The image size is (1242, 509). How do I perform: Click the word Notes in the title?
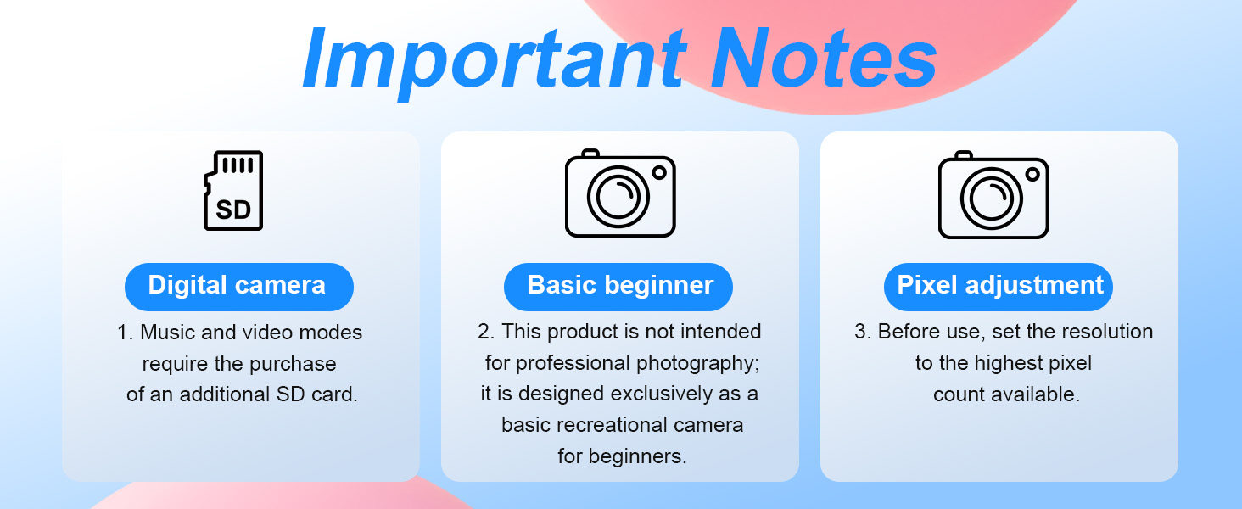click(824, 58)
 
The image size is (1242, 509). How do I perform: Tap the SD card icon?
click(233, 190)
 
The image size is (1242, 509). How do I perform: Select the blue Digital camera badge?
click(239, 287)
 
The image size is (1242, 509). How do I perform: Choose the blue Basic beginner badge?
click(618, 287)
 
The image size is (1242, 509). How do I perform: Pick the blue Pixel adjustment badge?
click(998, 287)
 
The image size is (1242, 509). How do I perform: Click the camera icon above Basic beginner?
click(620, 193)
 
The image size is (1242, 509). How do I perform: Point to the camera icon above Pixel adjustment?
click(993, 194)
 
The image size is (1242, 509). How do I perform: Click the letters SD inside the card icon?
click(233, 210)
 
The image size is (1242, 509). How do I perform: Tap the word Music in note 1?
click(167, 333)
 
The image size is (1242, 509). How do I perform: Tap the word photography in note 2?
click(697, 364)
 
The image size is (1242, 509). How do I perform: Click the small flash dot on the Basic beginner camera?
click(659, 172)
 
